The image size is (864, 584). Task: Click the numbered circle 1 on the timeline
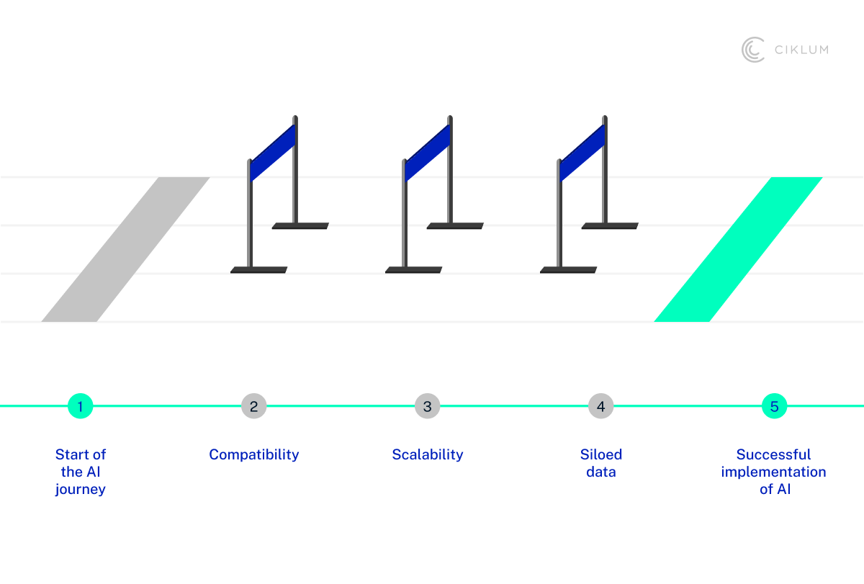click(81, 406)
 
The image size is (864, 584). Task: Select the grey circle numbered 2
click(253, 406)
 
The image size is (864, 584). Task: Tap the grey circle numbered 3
click(427, 406)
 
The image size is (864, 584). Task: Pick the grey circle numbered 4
click(600, 406)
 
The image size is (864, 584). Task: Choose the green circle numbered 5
click(774, 406)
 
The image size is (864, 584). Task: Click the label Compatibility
click(253, 454)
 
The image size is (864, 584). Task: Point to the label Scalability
click(427, 454)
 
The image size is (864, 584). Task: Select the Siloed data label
click(600, 463)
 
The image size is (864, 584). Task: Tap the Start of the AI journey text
click(81, 472)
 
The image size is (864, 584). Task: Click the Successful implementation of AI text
click(774, 472)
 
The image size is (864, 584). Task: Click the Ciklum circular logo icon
click(752, 50)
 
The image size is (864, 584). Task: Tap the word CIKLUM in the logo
click(801, 50)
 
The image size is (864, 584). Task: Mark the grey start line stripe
click(126, 248)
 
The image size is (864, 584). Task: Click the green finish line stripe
click(738, 248)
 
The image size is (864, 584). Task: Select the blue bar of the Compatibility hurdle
click(272, 153)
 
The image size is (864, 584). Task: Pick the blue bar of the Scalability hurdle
click(428, 153)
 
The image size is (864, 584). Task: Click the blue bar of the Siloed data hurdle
click(582, 153)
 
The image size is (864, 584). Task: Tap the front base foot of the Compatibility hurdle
click(259, 270)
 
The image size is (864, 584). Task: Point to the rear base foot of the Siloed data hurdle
click(610, 226)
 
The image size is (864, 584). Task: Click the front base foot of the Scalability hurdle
click(414, 270)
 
